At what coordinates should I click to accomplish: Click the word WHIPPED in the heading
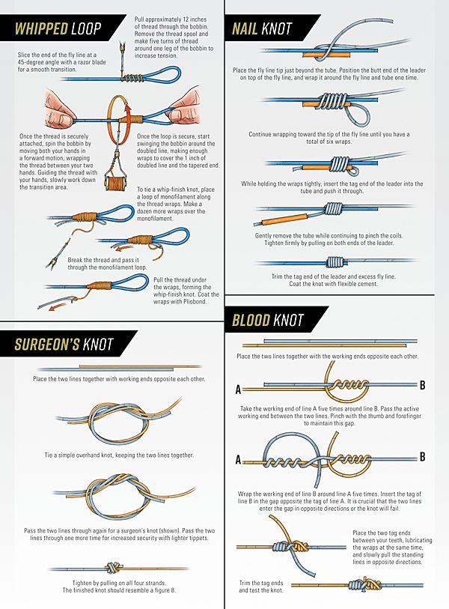pos(41,28)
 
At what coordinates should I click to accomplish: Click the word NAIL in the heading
pos(245,28)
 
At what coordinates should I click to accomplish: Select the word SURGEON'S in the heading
pos(47,344)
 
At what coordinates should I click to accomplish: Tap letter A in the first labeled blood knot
pos(238,390)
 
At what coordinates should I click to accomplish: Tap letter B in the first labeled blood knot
pos(423,385)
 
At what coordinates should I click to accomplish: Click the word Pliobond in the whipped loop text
pos(195,301)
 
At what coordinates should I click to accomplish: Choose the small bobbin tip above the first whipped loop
pos(123,47)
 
